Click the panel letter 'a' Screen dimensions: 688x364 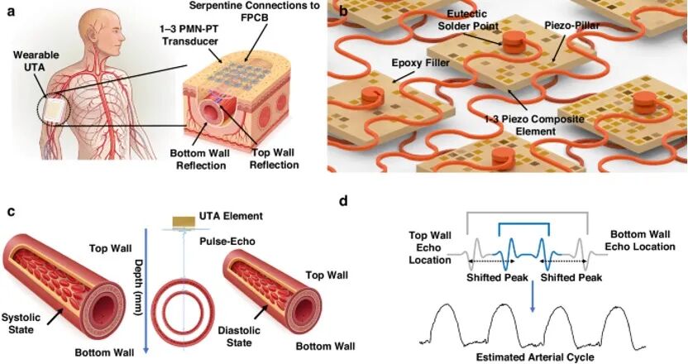tap(11, 12)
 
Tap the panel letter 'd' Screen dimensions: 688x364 tap(345, 202)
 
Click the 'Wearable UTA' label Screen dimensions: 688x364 tap(36, 61)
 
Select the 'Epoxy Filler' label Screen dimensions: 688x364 tap(420, 63)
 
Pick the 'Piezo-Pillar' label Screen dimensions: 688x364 tap(571, 26)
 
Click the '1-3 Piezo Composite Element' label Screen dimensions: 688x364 tap(535, 125)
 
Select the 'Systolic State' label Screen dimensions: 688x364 tap(21, 323)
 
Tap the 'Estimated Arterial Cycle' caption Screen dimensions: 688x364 tap(535, 357)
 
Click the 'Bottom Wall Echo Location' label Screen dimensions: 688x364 tap(640, 240)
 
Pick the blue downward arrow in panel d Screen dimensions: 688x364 tap(533, 296)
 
